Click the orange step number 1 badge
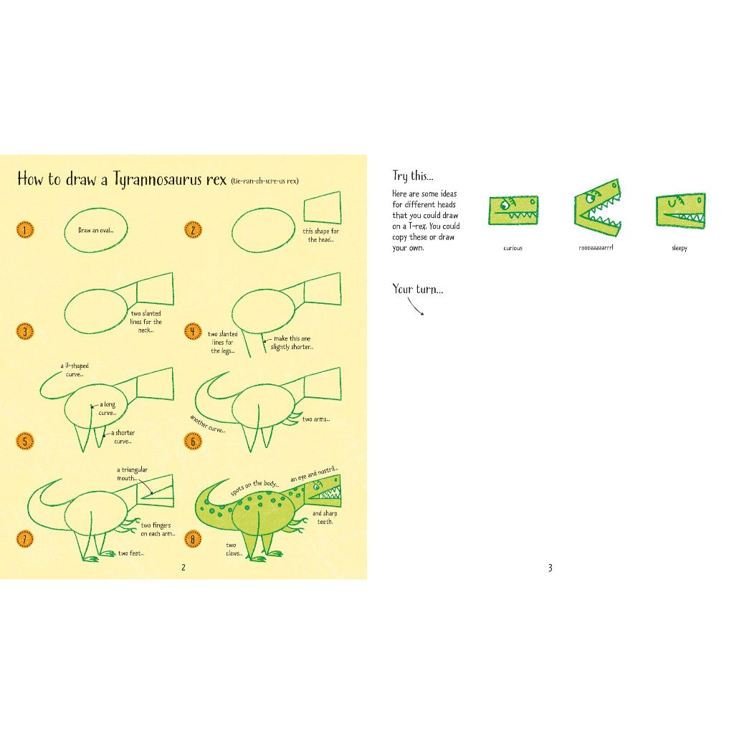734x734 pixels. tap(25, 230)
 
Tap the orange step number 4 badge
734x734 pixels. tap(193, 331)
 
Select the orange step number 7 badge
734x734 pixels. tap(25, 539)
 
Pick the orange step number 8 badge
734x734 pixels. tap(193, 539)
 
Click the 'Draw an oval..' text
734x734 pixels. tap(95, 230)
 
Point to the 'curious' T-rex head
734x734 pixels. tap(513, 210)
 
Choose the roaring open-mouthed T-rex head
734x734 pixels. tap(598, 206)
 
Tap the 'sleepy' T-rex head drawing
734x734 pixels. tap(680, 211)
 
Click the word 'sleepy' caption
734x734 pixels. tap(680, 248)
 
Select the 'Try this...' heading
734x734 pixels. tap(413, 176)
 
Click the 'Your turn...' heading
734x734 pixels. tap(418, 289)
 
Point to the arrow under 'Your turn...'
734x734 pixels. tap(416, 307)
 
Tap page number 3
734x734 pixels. tap(550, 568)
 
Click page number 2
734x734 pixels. tap(183, 568)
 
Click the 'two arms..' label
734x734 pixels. tap(316, 419)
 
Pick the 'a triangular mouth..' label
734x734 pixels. tap(132, 474)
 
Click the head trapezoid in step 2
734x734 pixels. tap(322, 207)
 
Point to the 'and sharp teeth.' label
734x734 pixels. tap(325, 518)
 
